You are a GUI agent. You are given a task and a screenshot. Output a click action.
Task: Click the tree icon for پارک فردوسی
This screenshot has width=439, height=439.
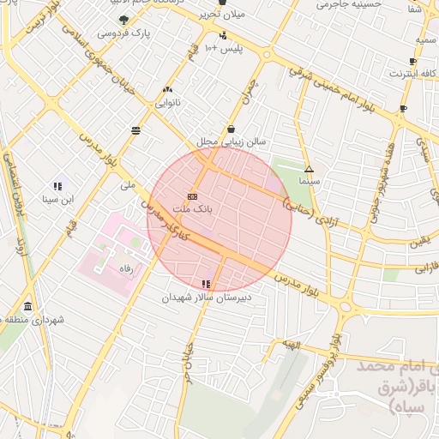[x=123, y=19]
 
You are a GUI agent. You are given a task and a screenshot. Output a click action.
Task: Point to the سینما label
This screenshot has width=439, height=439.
[x=309, y=182]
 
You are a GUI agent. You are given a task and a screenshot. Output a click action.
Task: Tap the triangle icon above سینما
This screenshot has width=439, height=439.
[x=309, y=169]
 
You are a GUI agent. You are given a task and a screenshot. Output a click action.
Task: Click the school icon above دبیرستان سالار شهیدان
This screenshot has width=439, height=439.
[x=205, y=284]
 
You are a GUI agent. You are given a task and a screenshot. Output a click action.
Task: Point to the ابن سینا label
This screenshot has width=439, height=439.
[x=57, y=199]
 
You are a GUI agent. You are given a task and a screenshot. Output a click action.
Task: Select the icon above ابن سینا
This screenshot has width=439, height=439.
[x=57, y=185]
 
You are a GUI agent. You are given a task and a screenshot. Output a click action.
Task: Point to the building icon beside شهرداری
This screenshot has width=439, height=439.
[x=28, y=307]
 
